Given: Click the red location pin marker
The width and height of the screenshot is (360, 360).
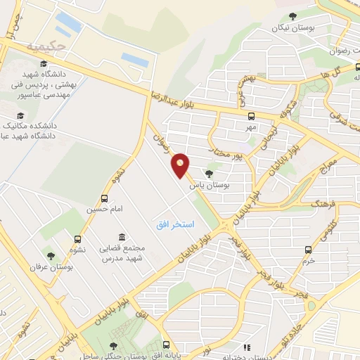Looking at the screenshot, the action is coord(181,165).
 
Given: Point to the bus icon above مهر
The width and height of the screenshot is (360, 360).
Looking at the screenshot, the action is coord(251,116).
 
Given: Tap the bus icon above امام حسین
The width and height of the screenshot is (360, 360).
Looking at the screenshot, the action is coord(105,198).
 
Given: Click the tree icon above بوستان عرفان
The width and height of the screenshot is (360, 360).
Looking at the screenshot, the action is coord(50,255).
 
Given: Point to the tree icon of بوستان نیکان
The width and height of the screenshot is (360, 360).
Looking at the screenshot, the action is coord(293,16).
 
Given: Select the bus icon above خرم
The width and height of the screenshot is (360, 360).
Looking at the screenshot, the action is coord(309,249).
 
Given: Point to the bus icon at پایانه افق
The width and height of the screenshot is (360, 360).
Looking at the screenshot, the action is coord(166,345).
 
